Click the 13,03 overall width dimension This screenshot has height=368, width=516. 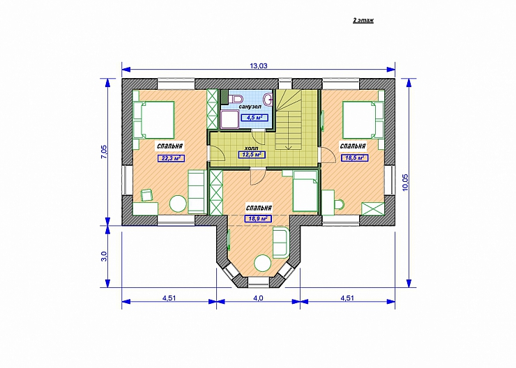tap(258, 66)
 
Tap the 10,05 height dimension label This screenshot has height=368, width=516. tap(405, 182)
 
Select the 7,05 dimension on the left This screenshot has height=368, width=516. tap(104, 152)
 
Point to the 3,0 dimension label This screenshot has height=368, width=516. tap(104, 256)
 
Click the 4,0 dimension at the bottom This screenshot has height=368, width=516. tap(258, 298)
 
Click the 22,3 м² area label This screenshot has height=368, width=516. tap(171, 158)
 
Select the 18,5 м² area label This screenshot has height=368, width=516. tap(354, 158)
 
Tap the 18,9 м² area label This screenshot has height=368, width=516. tap(258, 218)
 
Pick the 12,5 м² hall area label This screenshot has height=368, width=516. tap(252, 155)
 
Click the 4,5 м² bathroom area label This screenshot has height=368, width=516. tap(255, 117)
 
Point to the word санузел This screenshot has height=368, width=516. tap(250, 107)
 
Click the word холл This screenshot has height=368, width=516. tap(251, 148)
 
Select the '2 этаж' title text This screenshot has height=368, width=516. tap(363, 20)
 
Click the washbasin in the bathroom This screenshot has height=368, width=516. tap(269, 98)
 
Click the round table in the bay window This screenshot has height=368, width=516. tap(263, 263)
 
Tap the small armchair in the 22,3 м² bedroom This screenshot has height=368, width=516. tap(146, 194)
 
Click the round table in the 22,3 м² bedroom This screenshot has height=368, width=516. tap(178, 204)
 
